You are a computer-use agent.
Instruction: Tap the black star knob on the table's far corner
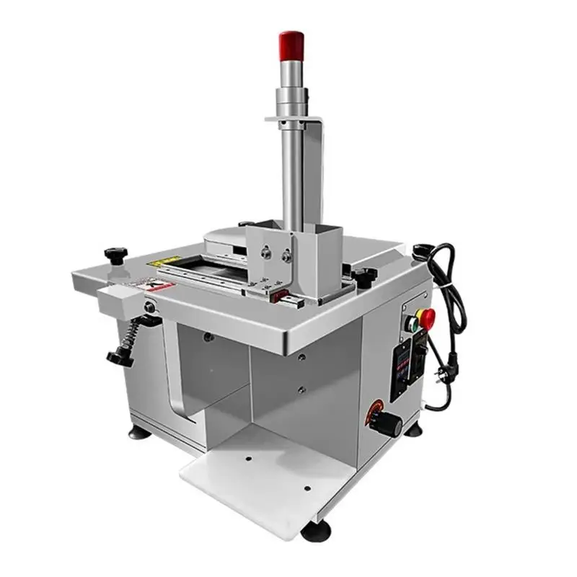pos(116,254)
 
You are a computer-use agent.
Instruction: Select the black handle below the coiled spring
pos(120,356)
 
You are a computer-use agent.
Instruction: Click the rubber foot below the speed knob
pos(413,430)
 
